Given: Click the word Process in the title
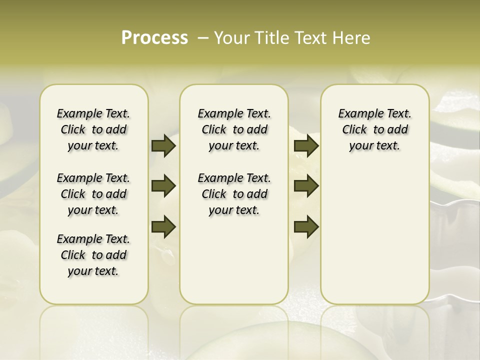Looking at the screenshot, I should (154, 38).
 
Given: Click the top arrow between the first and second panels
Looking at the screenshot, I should (163, 145).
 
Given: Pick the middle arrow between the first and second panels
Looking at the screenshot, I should (163, 186).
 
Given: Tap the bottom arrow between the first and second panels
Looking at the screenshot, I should (163, 226).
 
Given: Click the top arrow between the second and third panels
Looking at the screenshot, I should (306, 145).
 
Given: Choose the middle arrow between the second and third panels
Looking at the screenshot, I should (306, 186).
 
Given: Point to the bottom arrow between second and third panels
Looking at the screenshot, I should (306, 226).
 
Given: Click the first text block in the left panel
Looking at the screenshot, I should (93, 129).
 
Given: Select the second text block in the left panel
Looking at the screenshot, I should (93, 194).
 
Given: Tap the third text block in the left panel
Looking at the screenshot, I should (93, 255).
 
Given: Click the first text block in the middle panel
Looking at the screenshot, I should (234, 129).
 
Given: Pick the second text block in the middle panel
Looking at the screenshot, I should (234, 194).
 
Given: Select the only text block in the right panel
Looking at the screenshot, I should (374, 129).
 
